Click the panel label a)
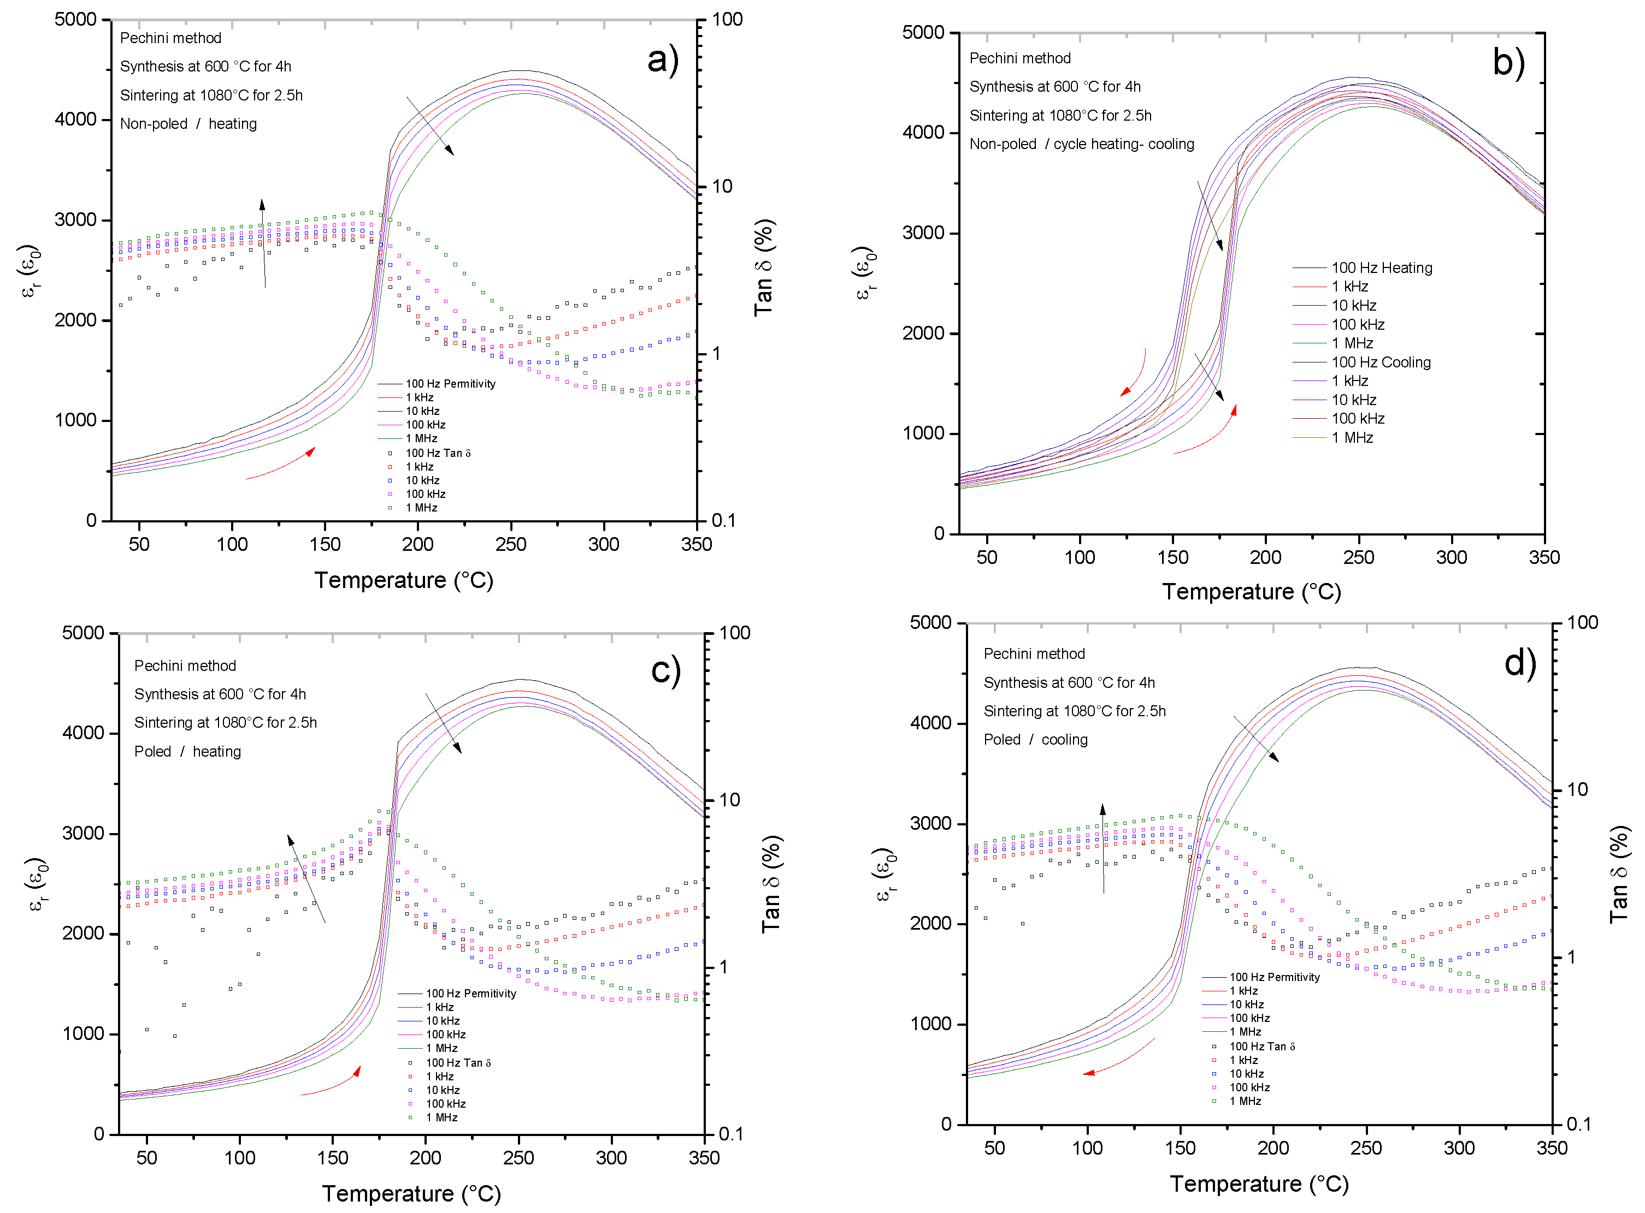point(662,60)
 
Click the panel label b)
point(1508,62)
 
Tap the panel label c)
point(665,670)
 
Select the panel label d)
point(1519,664)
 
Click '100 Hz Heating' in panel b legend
point(1381,268)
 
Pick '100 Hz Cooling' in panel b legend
point(1381,362)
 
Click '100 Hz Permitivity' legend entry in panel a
point(450,383)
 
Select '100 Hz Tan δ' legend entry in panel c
point(458,1062)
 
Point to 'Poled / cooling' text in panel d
point(1035,739)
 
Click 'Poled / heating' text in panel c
point(187,751)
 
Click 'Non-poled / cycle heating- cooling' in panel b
point(1082,144)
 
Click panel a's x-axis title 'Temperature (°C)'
point(403,580)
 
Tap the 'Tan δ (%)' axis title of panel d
point(1619,874)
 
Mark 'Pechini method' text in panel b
point(1020,58)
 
